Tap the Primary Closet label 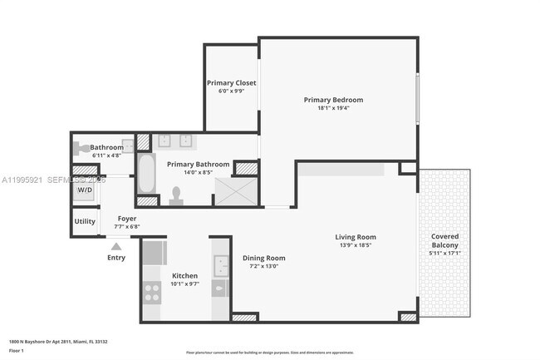[x=231, y=83]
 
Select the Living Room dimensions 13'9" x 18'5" [x=356, y=245]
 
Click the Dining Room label [x=263, y=258]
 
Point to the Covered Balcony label [x=444, y=240]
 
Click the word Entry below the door [x=116, y=258]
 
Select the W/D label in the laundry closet [x=86, y=190]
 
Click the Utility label [x=85, y=221]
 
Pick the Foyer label [x=127, y=218]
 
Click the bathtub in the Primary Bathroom [x=146, y=172]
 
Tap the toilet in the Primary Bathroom [x=176, y=195]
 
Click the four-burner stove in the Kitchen [x=153, y=292]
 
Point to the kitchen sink [x=220, y=266]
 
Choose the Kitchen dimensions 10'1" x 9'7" [x=184, y=284]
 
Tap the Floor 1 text [x=17, y=351]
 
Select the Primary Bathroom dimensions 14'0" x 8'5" [x=198, y=173]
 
